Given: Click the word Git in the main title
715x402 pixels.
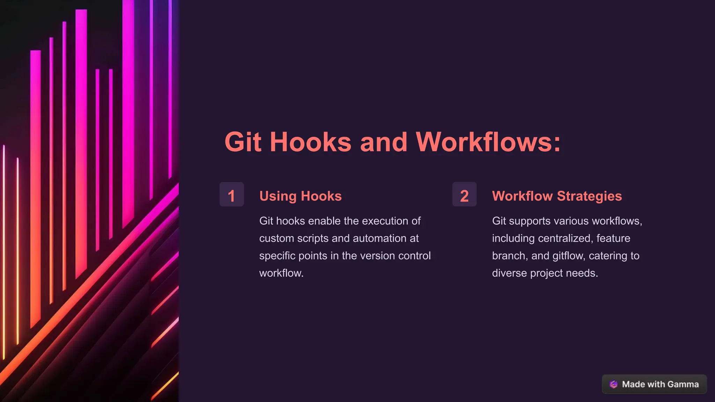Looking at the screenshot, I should [x=243, y=142].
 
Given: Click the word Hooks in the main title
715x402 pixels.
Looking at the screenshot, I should [x=310, y=142].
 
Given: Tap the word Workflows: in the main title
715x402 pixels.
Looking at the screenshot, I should [x=488, y=142].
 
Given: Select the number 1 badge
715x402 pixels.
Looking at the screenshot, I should [x=231, y=195].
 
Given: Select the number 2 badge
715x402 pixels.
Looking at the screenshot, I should [x=464, y=195].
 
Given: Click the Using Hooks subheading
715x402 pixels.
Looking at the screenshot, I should [x=300, y=196].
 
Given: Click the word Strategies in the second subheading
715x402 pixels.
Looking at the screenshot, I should [x=589, y=196].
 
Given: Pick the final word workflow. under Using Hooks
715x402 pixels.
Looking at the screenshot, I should [x=281, y=273].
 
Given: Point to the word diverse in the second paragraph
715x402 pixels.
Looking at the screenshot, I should [x=509, y=273].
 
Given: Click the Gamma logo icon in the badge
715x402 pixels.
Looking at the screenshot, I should [x=613, y=384].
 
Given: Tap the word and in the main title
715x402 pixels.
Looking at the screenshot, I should [x=383, y=142].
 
